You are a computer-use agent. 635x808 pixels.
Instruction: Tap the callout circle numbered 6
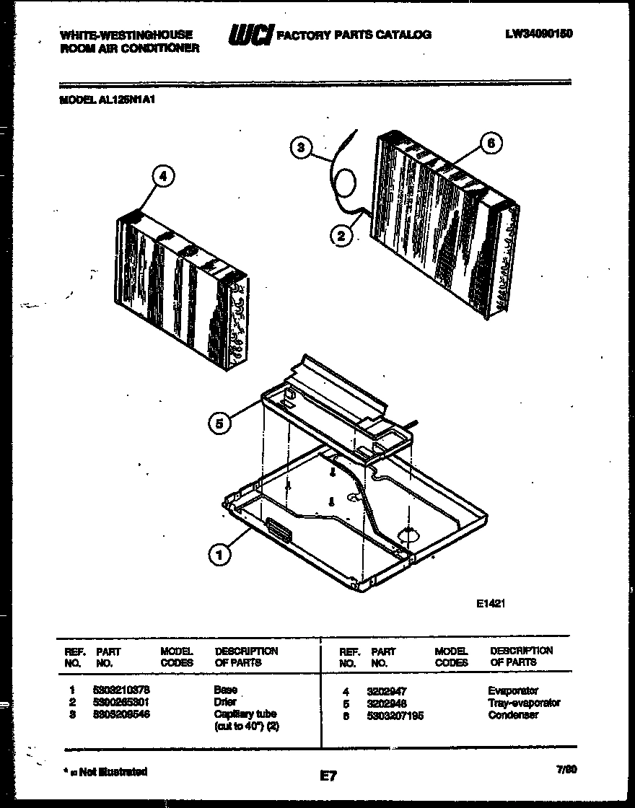pos(491,143)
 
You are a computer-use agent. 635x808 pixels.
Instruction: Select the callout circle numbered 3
pos(302,148)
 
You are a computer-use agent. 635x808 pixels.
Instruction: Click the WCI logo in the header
pos(250,35)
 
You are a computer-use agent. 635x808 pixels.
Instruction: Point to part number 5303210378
pos(121,690)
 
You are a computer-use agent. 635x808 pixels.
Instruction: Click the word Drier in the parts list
pos(225,702)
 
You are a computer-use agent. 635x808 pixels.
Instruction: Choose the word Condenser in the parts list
pos(513,715)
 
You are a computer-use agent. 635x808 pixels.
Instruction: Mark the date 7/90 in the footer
pos(566,770)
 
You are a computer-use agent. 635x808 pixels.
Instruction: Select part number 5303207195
pos(395,715)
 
